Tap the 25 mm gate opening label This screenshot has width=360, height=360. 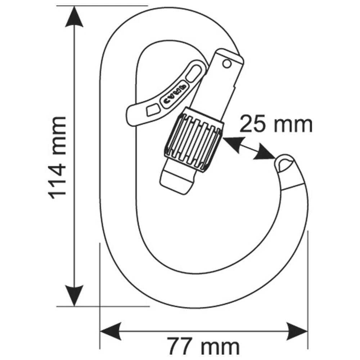(276, 125)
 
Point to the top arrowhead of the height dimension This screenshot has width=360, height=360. (74, 16)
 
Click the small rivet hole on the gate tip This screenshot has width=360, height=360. (226, 64)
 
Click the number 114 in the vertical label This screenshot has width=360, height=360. (58, 178)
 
